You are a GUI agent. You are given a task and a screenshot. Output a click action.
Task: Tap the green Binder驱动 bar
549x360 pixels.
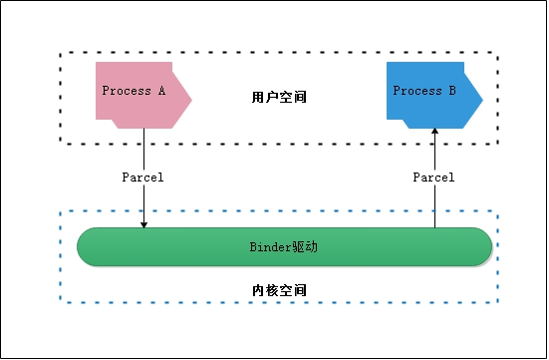pyautogui.click(x=284, y=247)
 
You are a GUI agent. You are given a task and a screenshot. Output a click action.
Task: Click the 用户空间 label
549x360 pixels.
pyautogui.click(x=279, y=98)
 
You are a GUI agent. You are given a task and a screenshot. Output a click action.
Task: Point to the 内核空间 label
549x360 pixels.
pyautogui.click(x=279, y=290)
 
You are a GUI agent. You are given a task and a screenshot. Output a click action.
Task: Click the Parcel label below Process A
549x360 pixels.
pyautogui.click(x=142, y=178)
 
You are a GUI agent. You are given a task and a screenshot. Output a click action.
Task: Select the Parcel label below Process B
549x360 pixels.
pyautogui.click(x=433, y=178)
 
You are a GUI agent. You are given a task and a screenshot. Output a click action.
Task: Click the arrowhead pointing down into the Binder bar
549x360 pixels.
pyautogui.click(x=143, y=223)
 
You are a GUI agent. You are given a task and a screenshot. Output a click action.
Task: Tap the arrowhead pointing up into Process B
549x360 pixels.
pyautogui.click(x=434, y=133)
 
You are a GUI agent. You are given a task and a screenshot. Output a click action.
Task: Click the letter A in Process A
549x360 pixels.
pyautogui.click(x=161, y=91)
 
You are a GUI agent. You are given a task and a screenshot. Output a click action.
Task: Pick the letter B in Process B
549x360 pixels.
pyautogui.click(x=452, y=91)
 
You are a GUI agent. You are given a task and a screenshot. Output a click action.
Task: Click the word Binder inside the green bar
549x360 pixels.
pyautogui.click(x=268, y=246)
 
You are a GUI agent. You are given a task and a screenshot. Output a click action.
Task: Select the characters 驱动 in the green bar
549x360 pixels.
pyautogui.click(x=304, y=246)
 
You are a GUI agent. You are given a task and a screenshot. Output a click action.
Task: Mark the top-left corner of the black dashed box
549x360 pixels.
pyautogui.click(x=61, y=52)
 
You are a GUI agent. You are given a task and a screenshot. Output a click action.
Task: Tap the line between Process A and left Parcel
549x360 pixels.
pyautogui.click(x=143, y=150)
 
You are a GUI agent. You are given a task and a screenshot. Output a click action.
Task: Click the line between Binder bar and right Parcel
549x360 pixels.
pyautogui.click(x=434, y=207)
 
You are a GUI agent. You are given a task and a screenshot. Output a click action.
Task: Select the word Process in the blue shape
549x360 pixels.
pyautogui.click(x=417, y=91)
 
